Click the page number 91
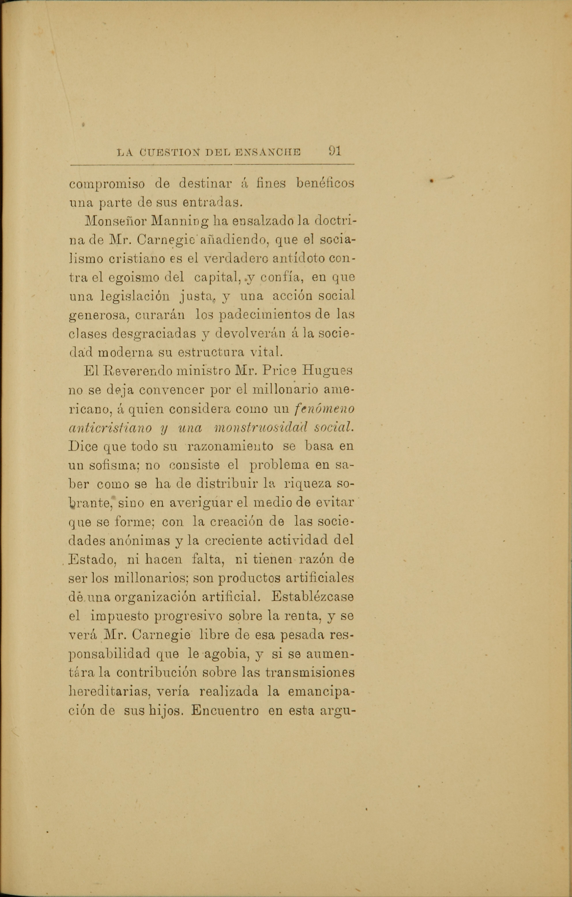[x=335, y=151]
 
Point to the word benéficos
[x=325, y=184]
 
